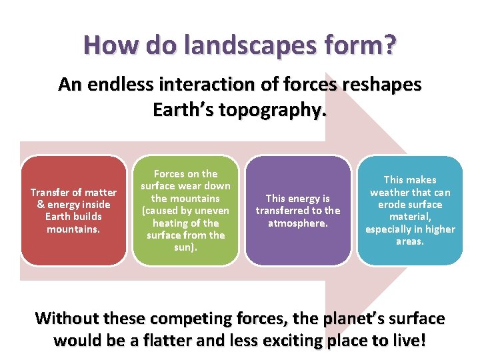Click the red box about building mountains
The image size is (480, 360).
(73, 210)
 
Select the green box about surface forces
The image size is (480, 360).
(185, 210)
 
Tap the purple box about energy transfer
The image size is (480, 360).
(297, 210)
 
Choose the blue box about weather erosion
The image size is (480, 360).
(409, 210)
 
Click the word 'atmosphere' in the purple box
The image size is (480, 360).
(298, 223)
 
